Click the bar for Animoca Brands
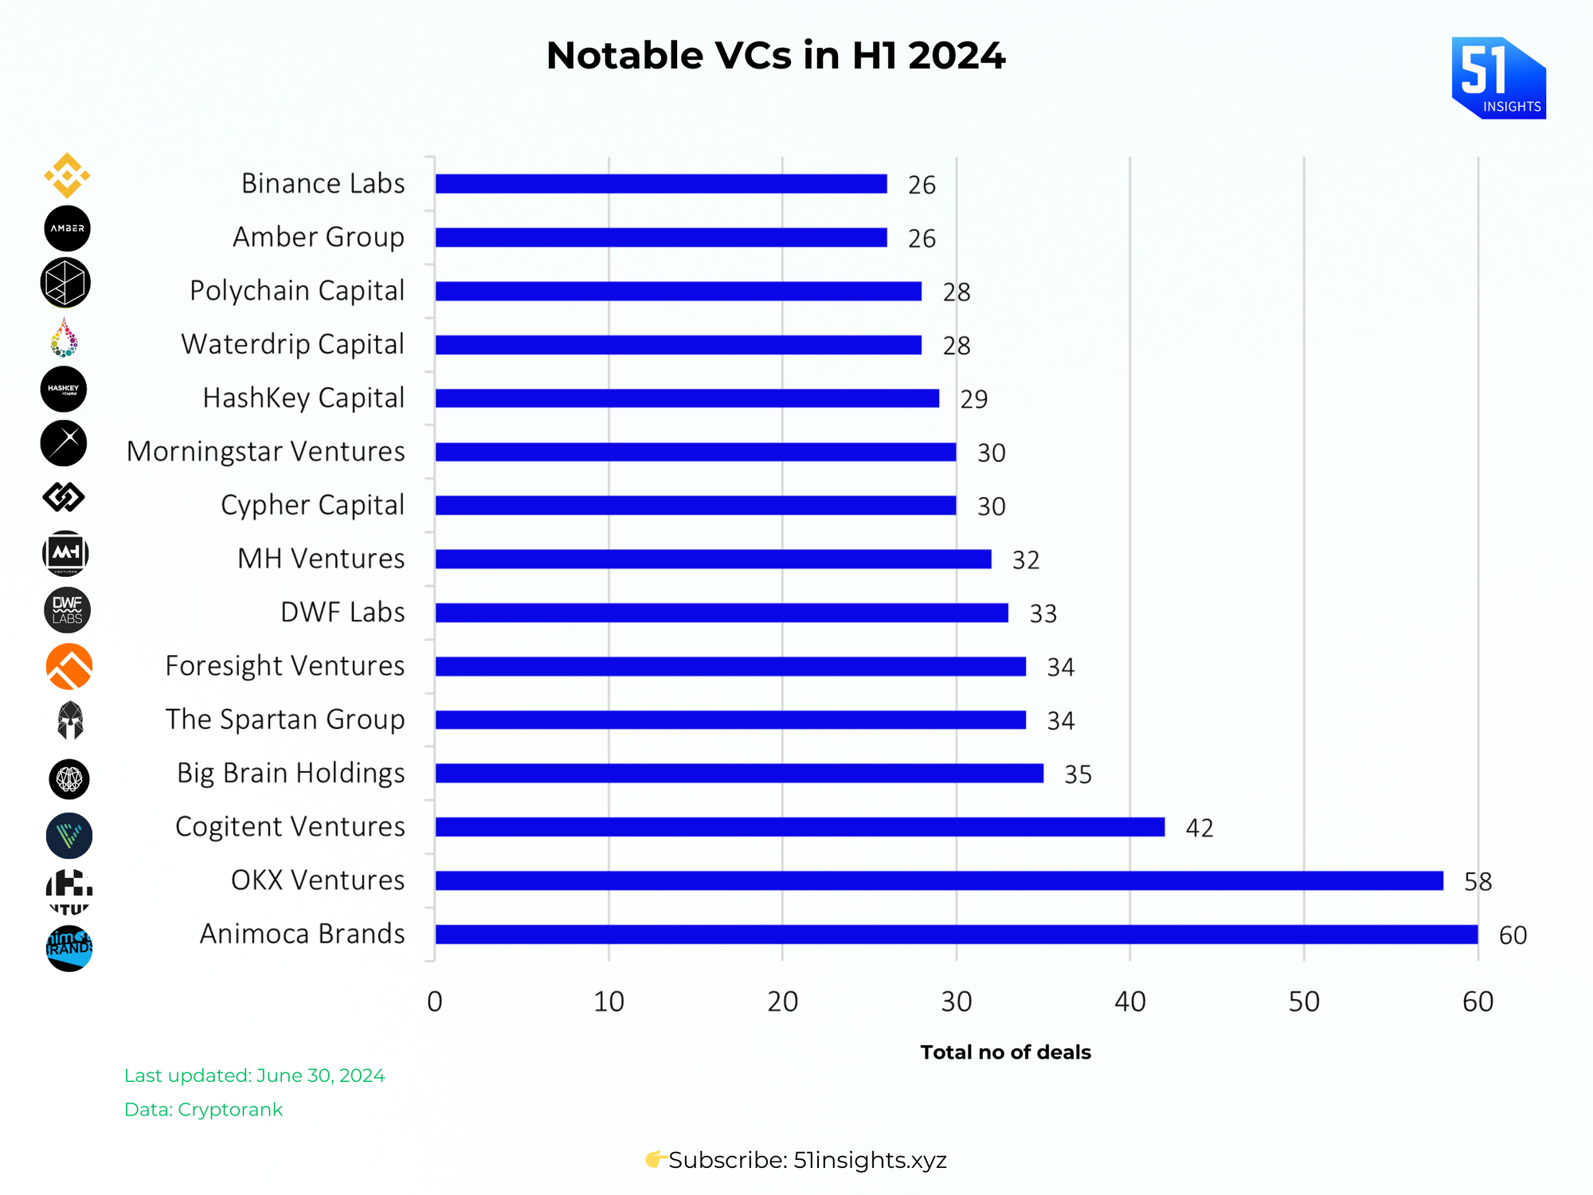click(956, 934)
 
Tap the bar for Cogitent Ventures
click(800, 827)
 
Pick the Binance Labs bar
click(661, 184)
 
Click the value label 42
click(1200, 829)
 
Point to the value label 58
click(1478, 882)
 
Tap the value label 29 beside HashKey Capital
click(973, 399)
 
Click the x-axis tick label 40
click(1129, 1002)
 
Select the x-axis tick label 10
click(609, 1002)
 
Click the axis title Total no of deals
click(1005, 1052)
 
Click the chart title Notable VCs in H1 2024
click(776, 56)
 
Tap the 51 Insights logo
click(1498, 78)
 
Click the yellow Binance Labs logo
click(67, 175)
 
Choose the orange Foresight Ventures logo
click(69, 666)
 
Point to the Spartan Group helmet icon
click(70, 720)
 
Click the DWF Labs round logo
click(67, 610)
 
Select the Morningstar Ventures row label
click(265, 452)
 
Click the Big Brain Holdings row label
click(291, 774)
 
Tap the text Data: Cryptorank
click(203, 1110)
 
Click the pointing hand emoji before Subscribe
click(656, 1159)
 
